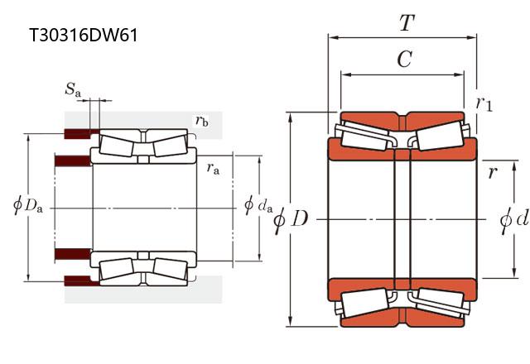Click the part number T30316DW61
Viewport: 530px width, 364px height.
click(83, 35)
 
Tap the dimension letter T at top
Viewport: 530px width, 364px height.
click(406, 23)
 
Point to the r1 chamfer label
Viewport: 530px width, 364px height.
click(484, 103)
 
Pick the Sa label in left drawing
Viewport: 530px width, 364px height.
click(74, 89)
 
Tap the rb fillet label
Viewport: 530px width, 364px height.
click(201, 121)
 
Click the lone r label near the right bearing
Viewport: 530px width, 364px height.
click(493, 172)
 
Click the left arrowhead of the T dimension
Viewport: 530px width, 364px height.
click(331, 36)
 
